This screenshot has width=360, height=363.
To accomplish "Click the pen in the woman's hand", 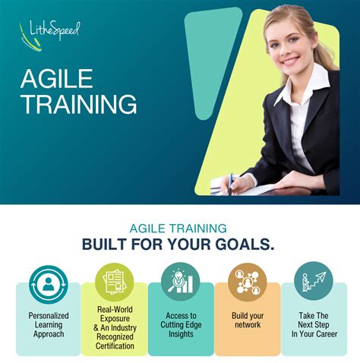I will (230, 183).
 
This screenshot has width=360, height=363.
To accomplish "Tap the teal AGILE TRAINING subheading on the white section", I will (179, 227).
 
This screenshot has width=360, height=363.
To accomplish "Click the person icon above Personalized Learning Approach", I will (47, 283).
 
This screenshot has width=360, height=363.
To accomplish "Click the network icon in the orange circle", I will (246, 282).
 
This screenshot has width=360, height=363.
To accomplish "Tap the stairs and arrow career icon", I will (312, 282).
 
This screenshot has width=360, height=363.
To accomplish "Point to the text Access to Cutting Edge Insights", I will (180, 324).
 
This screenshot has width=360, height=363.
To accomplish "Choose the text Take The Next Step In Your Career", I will (312, 324).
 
